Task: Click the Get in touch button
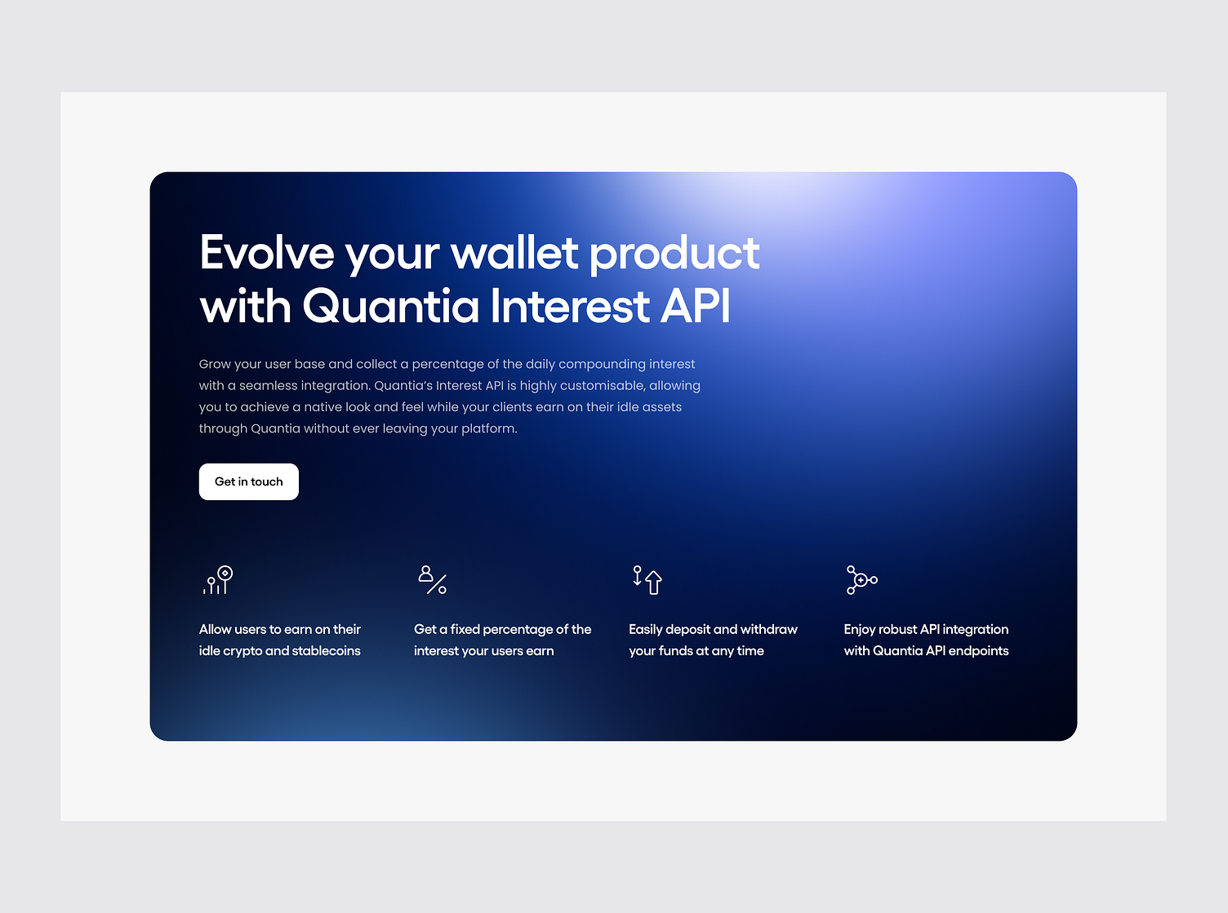pyautogui.click(x=248, y=481)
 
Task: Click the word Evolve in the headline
pyautogui.click(x=267, y=252)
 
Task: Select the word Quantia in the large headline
pyautogui.click(x=390, y=306)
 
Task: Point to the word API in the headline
pyautogui.click(x=696, y=306)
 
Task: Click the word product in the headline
pyautogui.click(x=674, y=254)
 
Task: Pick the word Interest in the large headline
pyautogui.click(x=570, y=306)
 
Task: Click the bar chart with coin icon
pyautogui.click(x=217, y=580)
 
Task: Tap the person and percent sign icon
pyautogui.click(x=433, y=580)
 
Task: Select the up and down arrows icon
pyautogui.click(x=647, y=580)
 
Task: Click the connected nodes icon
pyautogui.click(x=862, y=580)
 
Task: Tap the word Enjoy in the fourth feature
pyautogui.click(x=859, y=630)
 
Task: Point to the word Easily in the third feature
pyautogui.click(x=646, y=630)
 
